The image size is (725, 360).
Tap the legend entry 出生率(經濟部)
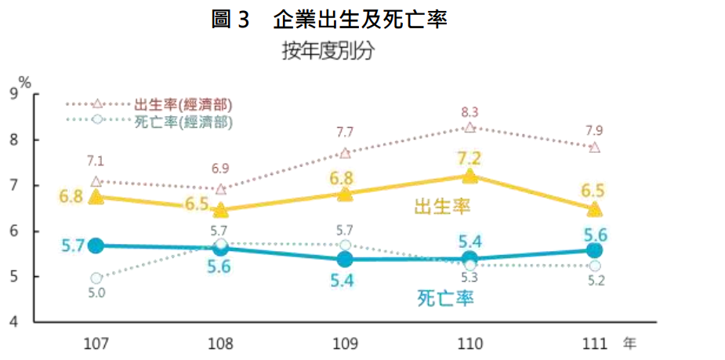[183, 104]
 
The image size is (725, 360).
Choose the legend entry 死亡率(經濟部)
[183, 122]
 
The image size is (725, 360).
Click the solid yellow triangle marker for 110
[469, 176]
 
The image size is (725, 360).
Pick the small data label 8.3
[469, 111]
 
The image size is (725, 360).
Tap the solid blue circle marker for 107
[96, 245]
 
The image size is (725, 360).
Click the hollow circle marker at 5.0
[96, 278]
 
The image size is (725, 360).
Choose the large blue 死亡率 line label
[447, 298]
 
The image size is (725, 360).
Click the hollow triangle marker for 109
[345, 153]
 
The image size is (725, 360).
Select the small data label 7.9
[594, 130]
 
